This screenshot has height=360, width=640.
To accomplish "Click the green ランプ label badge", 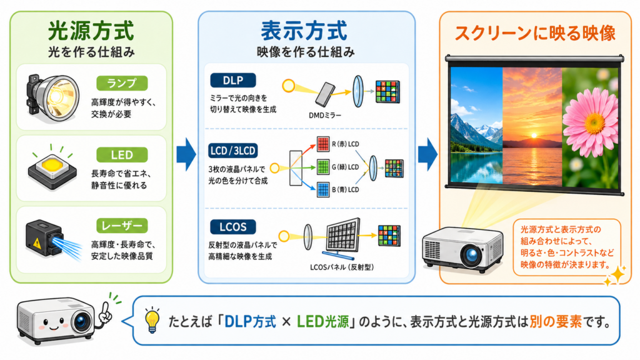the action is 122,83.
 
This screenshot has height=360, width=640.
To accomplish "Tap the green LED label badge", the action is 122,155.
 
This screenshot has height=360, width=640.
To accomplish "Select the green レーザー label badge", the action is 122,226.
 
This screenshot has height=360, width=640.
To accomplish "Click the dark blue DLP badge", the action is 233,81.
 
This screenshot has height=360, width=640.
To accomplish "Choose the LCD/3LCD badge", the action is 232,151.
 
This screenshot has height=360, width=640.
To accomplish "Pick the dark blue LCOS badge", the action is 233,227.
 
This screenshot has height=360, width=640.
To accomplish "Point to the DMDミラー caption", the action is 325,116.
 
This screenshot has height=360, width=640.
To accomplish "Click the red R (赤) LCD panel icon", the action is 323,144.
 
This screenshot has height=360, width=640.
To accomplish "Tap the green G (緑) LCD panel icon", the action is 323,167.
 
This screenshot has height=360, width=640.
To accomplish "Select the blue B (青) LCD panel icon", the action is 323,190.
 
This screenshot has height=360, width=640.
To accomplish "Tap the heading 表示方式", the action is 304,31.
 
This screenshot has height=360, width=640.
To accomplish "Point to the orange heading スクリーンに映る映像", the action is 535,34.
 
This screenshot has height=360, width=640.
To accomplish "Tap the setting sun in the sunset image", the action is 534,136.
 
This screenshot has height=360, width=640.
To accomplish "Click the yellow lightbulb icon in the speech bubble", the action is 152,321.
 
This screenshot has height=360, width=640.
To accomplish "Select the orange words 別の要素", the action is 556,322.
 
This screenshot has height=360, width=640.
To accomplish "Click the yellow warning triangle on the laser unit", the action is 37,243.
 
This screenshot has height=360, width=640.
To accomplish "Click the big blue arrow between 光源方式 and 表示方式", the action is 186,154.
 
